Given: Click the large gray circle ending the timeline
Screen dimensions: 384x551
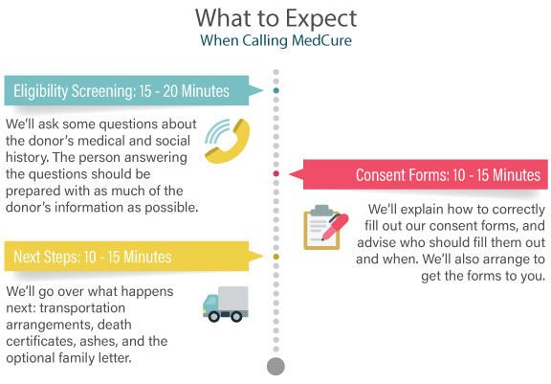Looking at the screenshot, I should click(x=275, y=366).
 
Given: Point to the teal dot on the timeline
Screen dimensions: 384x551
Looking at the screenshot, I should click(x=275, y=92).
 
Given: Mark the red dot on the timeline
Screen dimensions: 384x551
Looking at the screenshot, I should click(x=275, y=175).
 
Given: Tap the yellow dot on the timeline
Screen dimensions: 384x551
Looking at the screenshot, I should click(x=275, y=257).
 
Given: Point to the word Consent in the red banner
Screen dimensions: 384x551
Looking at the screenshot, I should click(x=383, y=175).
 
